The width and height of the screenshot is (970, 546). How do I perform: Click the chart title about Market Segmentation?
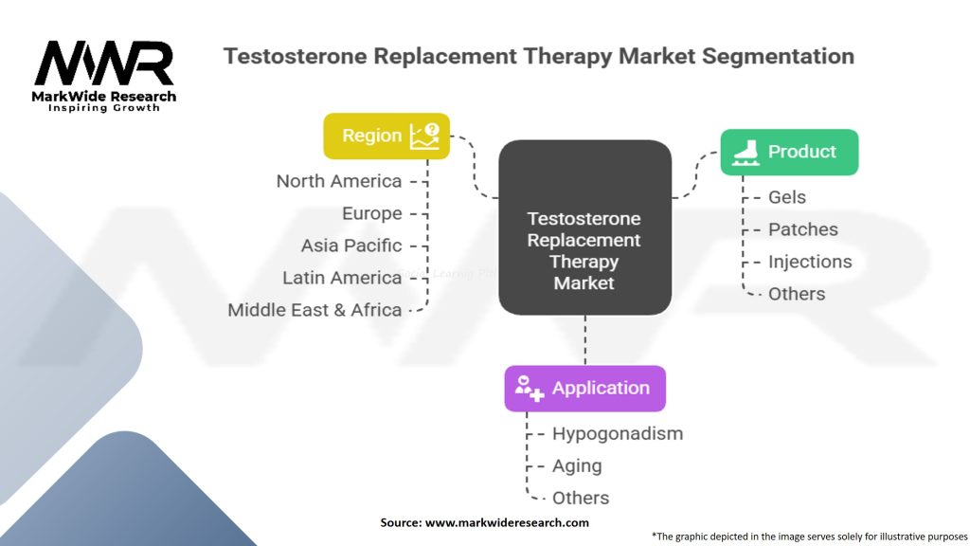tap(538, 56)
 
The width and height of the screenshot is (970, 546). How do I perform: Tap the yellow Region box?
tap(386, 136)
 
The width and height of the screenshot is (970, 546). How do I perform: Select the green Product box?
tap(789, 152)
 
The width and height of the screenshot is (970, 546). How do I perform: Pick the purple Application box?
tap(584, 388)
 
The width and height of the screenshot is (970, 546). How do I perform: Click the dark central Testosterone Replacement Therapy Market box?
tap(584, 227)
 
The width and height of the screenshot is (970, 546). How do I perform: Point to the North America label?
tap(339, 181)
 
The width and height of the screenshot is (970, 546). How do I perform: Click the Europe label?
tap(372, 213)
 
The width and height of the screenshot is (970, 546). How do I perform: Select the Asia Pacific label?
tap(351, 246)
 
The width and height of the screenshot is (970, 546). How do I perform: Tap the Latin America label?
tap(342, 278)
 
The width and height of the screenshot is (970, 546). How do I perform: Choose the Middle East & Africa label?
tap(314, 310)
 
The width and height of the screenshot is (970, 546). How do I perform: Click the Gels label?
tap(787, 197)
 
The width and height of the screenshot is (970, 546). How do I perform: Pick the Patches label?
tap(803, 229)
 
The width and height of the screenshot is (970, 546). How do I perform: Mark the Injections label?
tap(810, 262)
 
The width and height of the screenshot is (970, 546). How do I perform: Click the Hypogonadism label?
tap(618, 433)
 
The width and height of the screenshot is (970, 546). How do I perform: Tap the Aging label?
tap(577, 465)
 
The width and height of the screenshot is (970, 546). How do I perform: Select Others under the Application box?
tap(581, 498)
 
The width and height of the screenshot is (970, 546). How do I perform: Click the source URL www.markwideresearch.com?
tap(507, 522)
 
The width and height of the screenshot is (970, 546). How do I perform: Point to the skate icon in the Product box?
tap(745, 152)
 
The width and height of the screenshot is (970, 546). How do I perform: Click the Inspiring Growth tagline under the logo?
tap(104, 108)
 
